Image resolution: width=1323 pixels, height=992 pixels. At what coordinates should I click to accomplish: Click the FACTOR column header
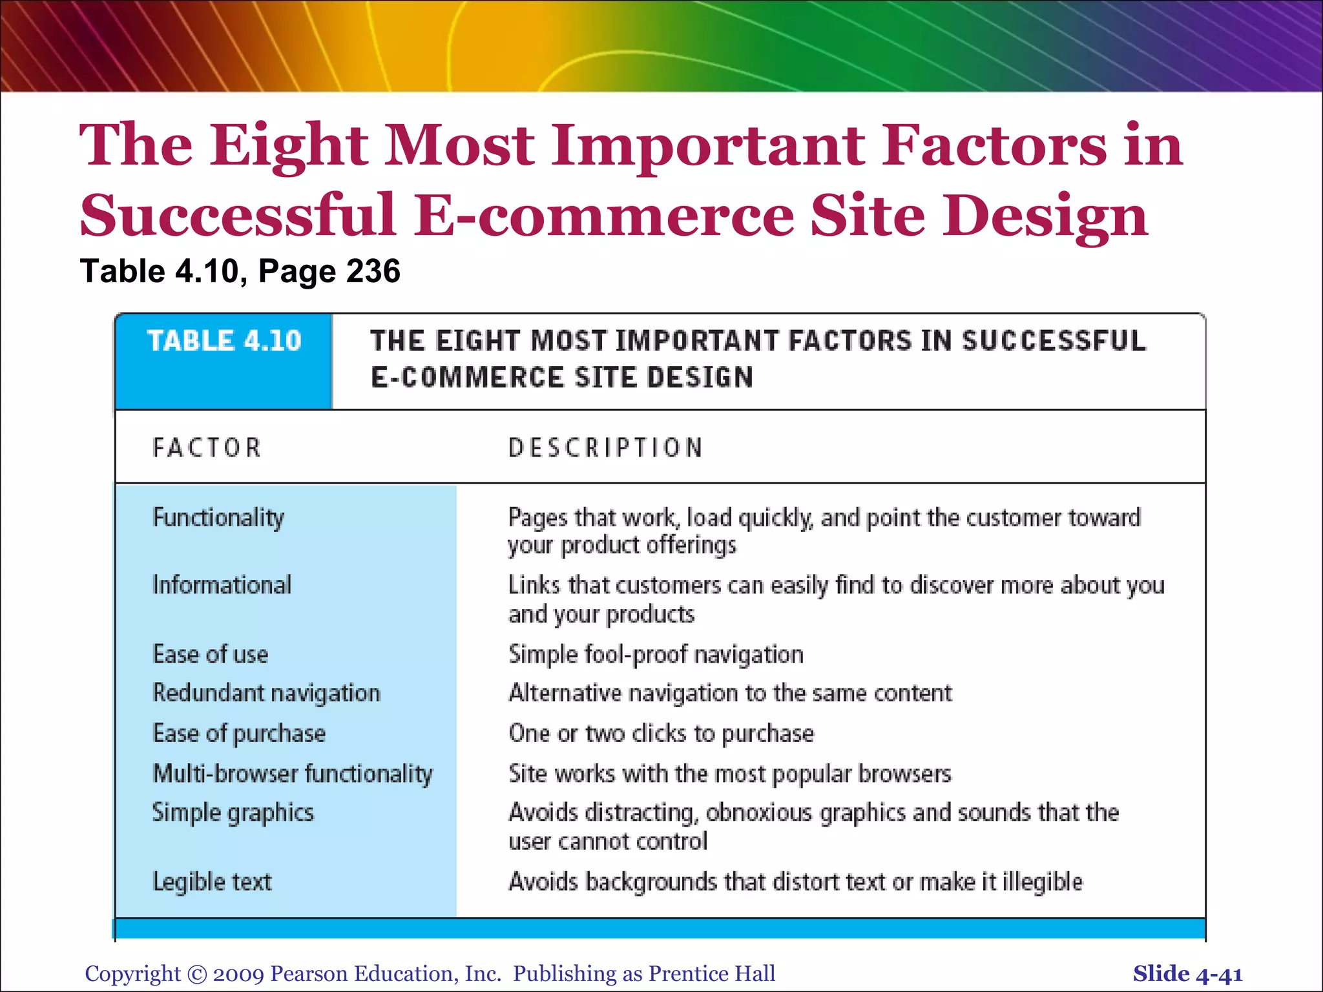[x=207, y=448]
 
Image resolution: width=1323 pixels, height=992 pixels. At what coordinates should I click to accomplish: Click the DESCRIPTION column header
[x=605, y=448]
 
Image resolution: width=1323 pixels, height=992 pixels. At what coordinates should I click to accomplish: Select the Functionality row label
[x=218, y=517]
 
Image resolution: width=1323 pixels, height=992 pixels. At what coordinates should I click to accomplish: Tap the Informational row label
[x=222, y=585]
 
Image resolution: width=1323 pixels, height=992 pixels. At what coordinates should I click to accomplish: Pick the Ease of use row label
[x=210, y=654]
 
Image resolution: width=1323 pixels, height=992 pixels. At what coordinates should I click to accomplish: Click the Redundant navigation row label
[x=266, y=693]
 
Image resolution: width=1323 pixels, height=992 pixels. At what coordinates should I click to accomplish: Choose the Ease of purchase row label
[x=239, y=734]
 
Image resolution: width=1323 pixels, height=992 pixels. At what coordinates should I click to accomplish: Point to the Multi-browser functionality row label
[x=292, y=774]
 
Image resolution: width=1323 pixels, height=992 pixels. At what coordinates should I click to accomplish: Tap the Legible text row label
[x=212, y=882]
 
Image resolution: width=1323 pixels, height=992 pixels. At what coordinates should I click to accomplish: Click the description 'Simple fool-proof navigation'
[x=656, y=654]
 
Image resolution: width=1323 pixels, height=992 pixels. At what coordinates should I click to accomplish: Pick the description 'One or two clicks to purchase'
[x=661, y=734]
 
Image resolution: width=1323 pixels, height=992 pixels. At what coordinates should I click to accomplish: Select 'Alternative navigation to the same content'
[x=730, y=693]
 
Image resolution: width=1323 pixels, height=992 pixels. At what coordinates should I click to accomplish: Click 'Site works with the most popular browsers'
[x=730, y=774]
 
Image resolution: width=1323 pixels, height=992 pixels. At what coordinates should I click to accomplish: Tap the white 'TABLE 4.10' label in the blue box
[x=224, y=341]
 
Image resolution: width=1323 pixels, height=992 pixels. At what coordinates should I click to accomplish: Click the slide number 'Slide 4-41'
[x=1187, y=974]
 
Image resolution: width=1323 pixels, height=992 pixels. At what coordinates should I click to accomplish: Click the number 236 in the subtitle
[x=373, y=271]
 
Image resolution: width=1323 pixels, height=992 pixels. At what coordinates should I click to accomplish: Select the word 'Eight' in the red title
[x=288, y=145]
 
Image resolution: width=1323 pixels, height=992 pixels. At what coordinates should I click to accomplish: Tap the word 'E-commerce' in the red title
[x=603, y=215]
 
